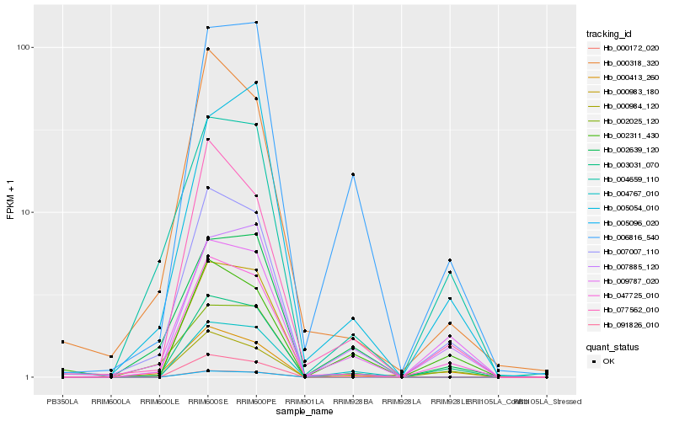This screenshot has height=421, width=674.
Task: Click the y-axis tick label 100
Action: pyautogui.click(x=24, y=47)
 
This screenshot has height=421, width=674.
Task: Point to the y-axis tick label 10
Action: pyautogui.click(x=26, y=212)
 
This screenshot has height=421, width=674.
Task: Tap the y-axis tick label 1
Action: pyautogui.click(x=29, y=377)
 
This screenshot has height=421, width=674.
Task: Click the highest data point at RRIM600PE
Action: pyautogui.click(x=256, y=23)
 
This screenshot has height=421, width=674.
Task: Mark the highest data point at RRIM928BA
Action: pyautogui.click(x=353, y=174)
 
